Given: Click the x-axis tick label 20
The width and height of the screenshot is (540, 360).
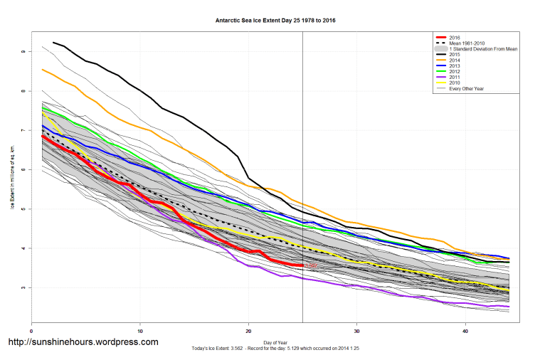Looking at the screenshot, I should pos(248,331).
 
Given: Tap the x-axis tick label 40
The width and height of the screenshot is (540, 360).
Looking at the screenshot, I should pos(465,331).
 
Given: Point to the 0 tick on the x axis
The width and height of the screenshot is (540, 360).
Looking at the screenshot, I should pos(32,331).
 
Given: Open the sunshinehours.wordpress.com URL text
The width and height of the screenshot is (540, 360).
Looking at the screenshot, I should pos(83,342).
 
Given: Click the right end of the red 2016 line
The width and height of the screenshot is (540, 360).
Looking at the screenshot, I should pos(302,265).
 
